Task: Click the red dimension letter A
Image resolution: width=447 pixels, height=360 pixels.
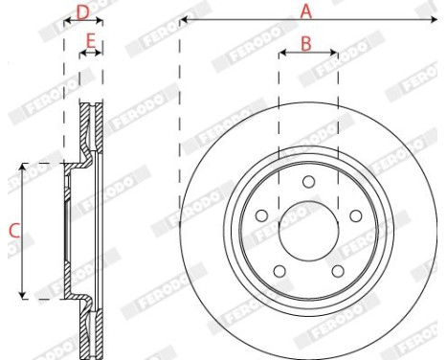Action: [x=305, y=11]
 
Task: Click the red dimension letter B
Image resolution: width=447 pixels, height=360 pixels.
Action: [x=306, y=44]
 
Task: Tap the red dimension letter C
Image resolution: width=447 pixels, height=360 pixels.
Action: [x=14, y=231]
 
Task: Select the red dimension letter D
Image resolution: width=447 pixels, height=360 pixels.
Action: [x=83, y=12]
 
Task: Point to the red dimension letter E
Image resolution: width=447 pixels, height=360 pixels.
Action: [x=91, y=41]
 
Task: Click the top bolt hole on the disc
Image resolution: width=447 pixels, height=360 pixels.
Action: [x=308, y=182]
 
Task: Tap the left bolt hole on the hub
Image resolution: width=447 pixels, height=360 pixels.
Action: [x=261, y=215]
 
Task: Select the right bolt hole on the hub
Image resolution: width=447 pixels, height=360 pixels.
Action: [x=356, y=215]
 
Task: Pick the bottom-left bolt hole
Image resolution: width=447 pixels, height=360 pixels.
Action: [x=279, y=271]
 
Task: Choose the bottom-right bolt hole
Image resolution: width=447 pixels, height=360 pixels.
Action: [x=338, y=271]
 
